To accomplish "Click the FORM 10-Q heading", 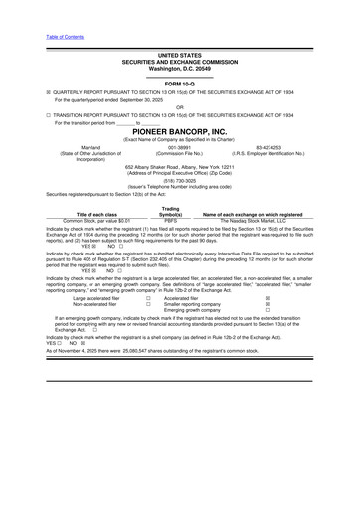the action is point(180,84).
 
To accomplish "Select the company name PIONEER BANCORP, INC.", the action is point(180,131).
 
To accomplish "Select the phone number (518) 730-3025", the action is point(180,182).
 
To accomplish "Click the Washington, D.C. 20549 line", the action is point(180,67).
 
